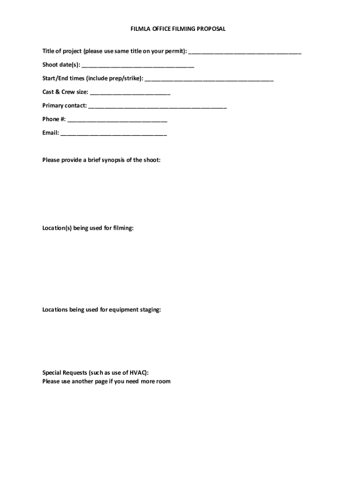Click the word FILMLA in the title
(x=140, y=29)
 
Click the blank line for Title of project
(x=245, y=52)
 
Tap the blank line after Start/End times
(x=209, y=79)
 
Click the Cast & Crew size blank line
(x=130, y=93)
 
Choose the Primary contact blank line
(x=158, y=106)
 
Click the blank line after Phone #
(x=117, y=120)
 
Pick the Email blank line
(x=114, y=133)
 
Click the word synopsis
(x=116, y=160)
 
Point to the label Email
(x=50, y=133)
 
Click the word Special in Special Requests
(x=52, y=373)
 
